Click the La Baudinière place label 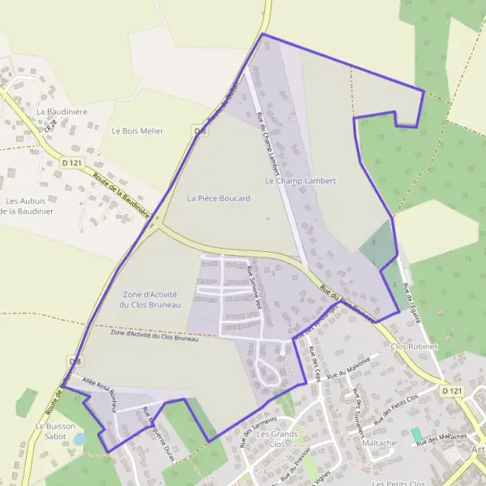[62, 109]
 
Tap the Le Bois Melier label [138, 130]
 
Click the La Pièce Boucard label [219, 198]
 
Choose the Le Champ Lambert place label [300, 181]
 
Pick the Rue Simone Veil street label [255, 288]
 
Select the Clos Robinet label [413, 346]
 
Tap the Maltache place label [379, 443]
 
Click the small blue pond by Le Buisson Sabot [79, 438]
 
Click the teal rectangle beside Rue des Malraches [416, 433]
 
